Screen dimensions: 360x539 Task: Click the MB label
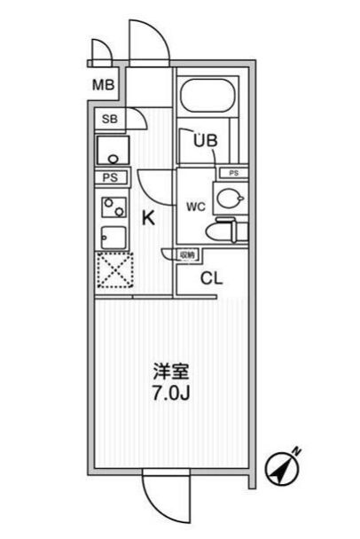103,84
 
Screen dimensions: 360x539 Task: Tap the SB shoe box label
110,119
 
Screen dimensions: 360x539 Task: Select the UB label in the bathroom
206,140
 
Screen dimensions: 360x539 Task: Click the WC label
196,207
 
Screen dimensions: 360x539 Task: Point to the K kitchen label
149,217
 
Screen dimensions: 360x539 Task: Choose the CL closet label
211,278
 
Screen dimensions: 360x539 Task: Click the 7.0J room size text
171,394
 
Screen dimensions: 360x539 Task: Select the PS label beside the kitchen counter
110,177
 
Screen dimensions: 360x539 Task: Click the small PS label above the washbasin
234,173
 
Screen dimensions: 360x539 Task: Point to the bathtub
207,96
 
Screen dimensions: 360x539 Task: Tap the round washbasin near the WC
231,199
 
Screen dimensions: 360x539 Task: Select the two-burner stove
113,207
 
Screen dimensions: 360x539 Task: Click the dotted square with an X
115,269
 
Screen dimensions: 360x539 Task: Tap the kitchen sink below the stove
113,238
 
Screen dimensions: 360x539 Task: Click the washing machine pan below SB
113,150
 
